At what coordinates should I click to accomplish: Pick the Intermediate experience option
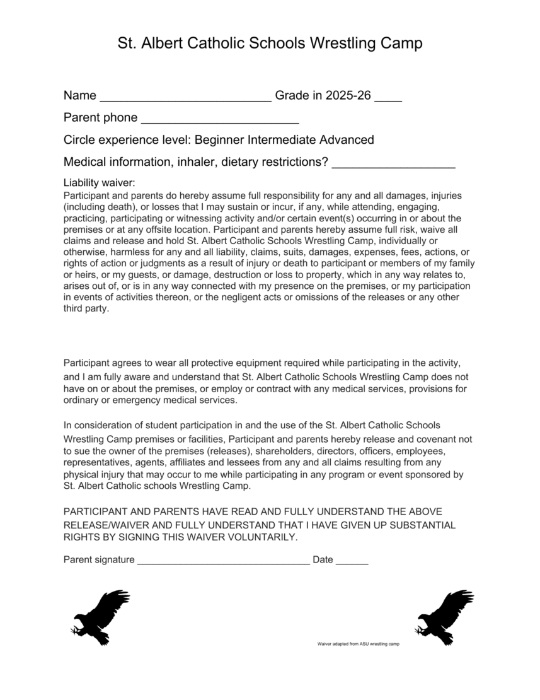coord(282,139)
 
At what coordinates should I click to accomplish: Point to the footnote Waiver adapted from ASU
coord(359,645)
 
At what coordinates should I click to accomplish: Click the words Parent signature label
coord(99,559)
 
